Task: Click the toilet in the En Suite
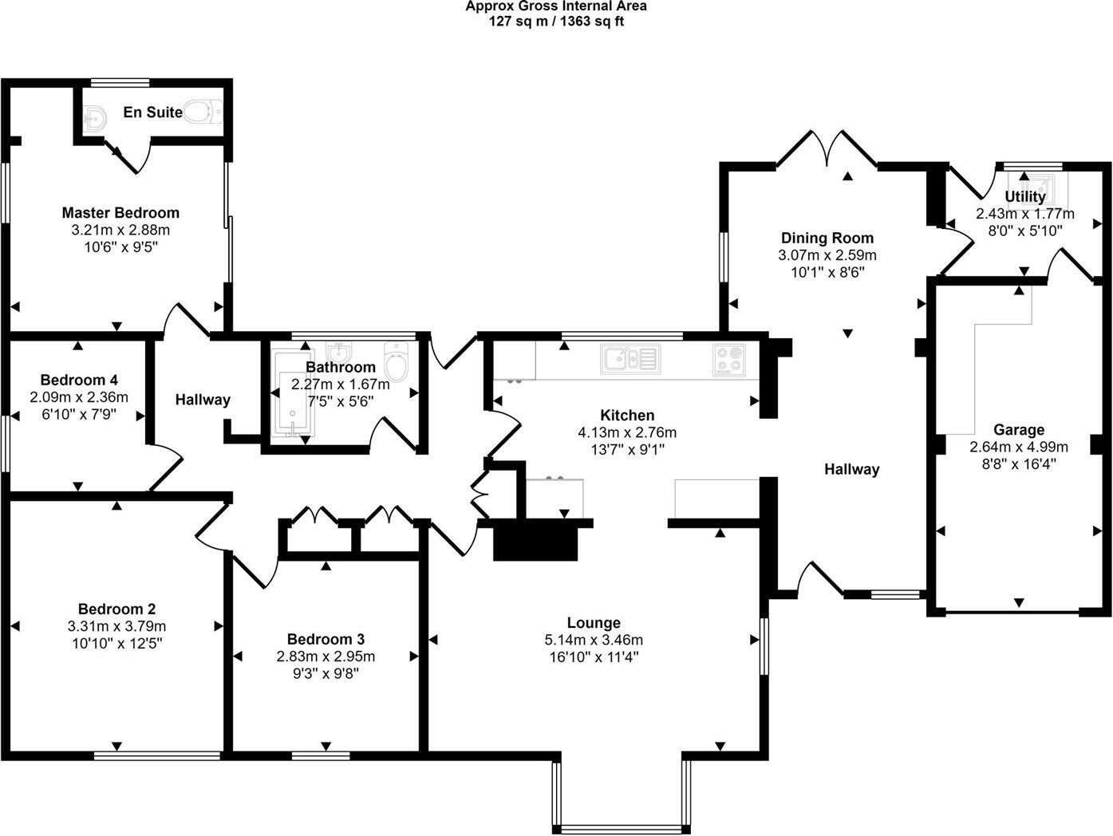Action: point(203,112)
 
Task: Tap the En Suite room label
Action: point(152,112)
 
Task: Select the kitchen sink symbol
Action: point(630,359)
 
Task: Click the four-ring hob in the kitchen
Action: point(729,359)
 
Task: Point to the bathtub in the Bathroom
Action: point(292,393)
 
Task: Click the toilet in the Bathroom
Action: point(396,363)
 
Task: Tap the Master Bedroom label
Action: point(120,213)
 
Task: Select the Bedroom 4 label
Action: point(79,380)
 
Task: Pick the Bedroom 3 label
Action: point(326,639)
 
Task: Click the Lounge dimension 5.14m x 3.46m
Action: point(594,640)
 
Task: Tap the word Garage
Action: point(1018,430)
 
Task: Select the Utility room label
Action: point(1024,196)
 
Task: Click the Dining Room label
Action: point(827,238)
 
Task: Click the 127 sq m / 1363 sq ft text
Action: point(556,22)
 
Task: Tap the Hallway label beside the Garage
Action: point(851,469)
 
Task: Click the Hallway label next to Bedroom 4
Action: point(203,400)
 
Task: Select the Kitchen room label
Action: point(627,415)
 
